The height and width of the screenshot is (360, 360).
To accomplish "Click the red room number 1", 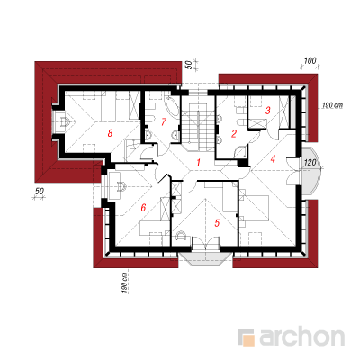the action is point(198,163).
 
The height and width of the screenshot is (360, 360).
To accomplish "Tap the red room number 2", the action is point(234,133).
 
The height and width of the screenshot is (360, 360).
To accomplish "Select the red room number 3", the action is point(268,111).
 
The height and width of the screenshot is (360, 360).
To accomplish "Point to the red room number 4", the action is point(273,159).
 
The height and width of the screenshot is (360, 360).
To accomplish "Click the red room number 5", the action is point(217,223).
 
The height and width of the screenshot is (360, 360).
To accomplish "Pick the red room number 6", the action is point(143,207).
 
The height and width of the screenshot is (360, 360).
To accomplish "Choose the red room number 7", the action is point(163,122).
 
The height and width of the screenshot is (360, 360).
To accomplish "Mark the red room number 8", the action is point(110,133).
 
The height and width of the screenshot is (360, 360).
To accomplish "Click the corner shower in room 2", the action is point(241,151).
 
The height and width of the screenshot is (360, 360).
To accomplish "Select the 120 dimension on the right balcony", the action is point(310,162).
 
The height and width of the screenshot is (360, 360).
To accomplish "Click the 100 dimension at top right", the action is point(310,61).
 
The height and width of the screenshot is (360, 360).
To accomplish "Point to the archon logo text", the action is point(301,337).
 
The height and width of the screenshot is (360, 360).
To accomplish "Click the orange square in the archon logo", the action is point(248,340).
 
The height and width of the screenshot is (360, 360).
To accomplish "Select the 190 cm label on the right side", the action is point(332,105).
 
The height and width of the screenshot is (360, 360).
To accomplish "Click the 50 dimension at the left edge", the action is point(39,191).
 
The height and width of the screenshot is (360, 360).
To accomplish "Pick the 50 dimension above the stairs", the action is point(189,65).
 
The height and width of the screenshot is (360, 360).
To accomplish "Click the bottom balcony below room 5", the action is point(206,258).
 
